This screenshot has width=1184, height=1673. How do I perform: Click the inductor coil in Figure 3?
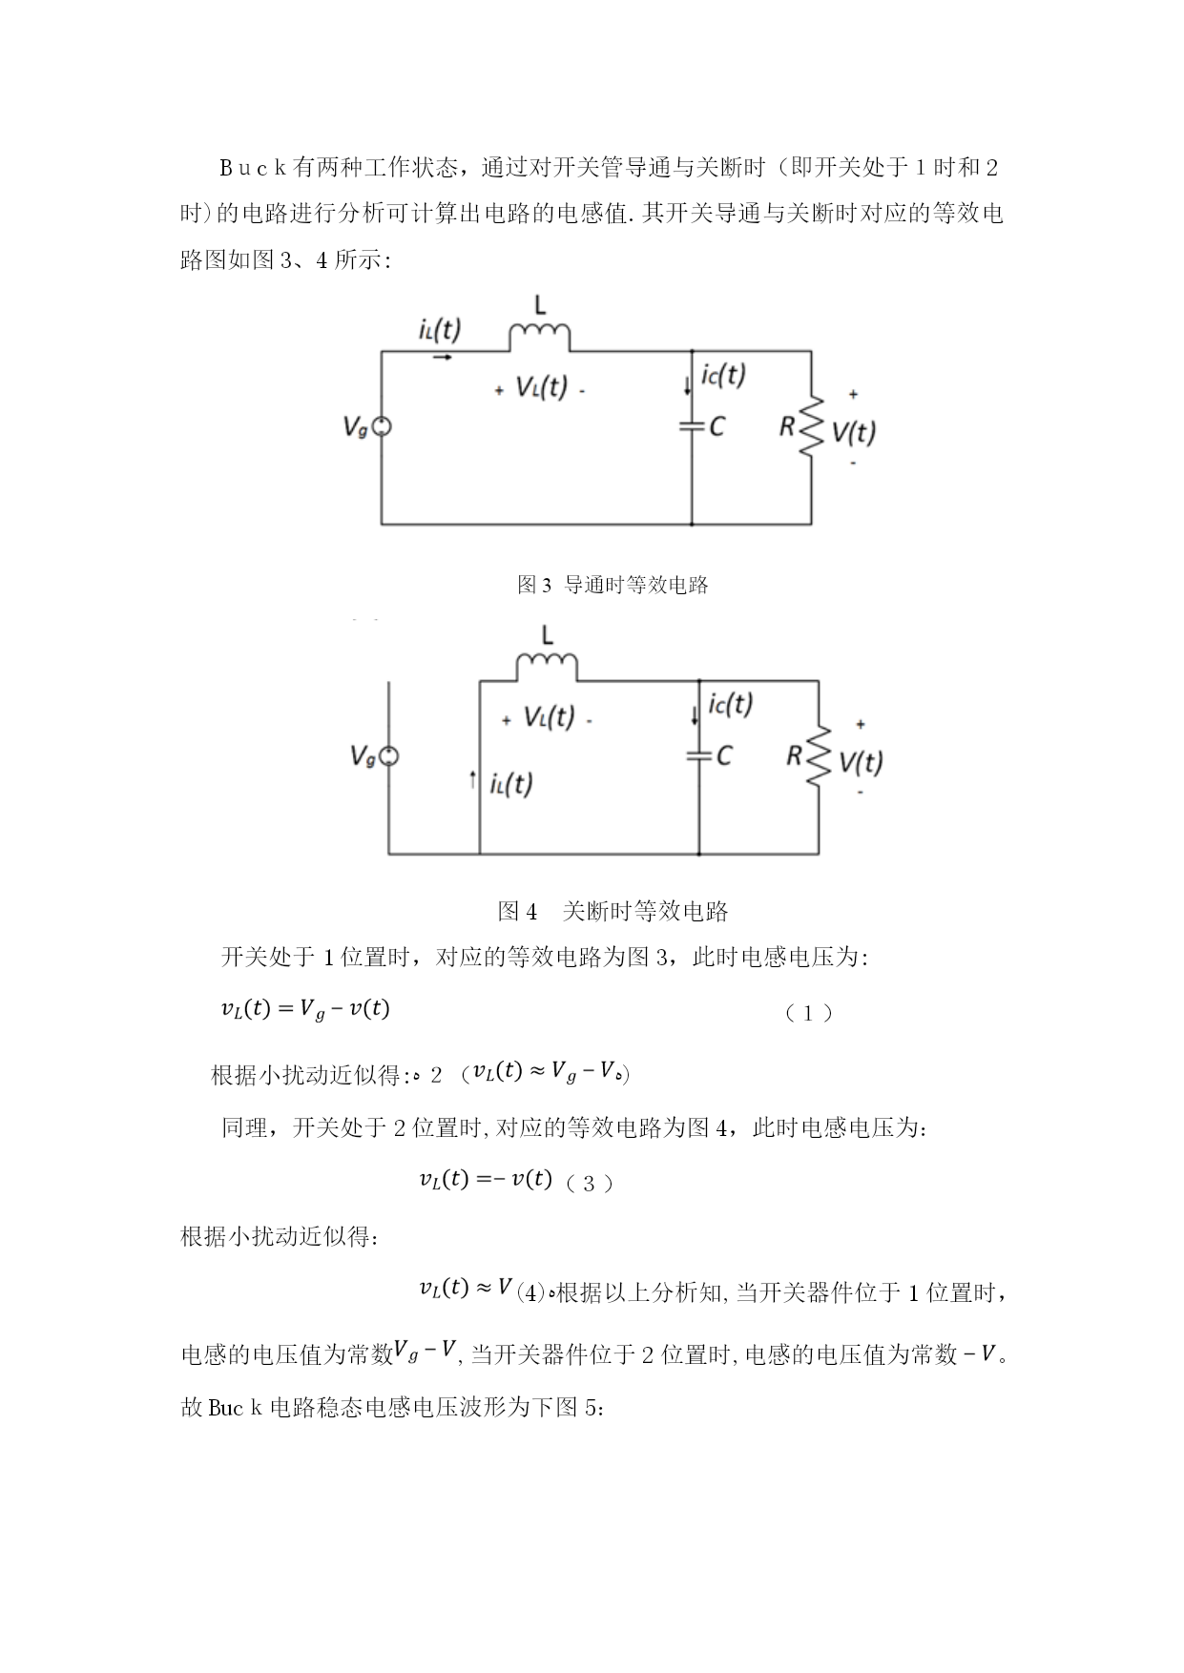(540, 337)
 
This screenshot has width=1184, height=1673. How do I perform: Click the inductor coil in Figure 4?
(547, 667)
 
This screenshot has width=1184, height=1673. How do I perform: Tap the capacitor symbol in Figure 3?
(692, 426)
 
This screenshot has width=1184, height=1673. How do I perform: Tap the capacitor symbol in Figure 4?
(699, 755)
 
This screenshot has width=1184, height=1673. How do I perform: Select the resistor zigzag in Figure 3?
(812, 426)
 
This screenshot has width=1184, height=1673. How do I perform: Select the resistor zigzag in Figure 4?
(819, 756)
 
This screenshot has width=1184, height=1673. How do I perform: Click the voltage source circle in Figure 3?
(381, 427)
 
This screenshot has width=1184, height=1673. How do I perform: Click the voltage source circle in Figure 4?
(388, 756)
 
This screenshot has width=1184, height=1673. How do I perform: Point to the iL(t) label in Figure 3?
(439, 330)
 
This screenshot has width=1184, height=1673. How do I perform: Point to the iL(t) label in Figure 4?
(511, 784)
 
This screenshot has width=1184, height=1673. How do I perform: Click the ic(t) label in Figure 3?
(723, 375)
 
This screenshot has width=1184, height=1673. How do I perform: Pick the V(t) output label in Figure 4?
(861, 761)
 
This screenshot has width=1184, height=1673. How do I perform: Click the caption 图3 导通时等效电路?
(613, 585)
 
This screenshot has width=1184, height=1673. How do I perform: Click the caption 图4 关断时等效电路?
(613, 911)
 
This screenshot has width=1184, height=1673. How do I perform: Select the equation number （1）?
(808, 1013)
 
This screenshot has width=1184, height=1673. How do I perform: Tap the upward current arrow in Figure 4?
(472, 781)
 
